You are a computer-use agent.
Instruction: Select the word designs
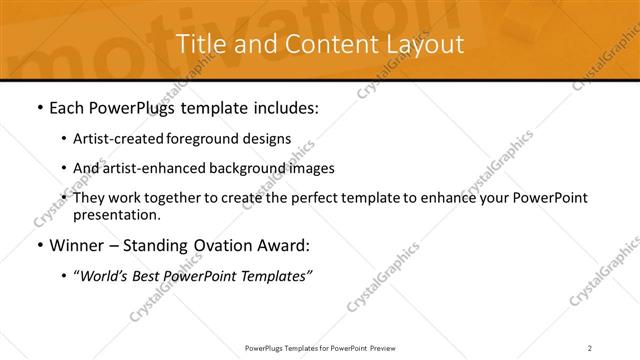268,138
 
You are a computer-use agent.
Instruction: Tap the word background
247,168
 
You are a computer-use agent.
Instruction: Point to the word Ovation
209,245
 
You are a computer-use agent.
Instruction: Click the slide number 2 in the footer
590,347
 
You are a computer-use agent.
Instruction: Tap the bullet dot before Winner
38,245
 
